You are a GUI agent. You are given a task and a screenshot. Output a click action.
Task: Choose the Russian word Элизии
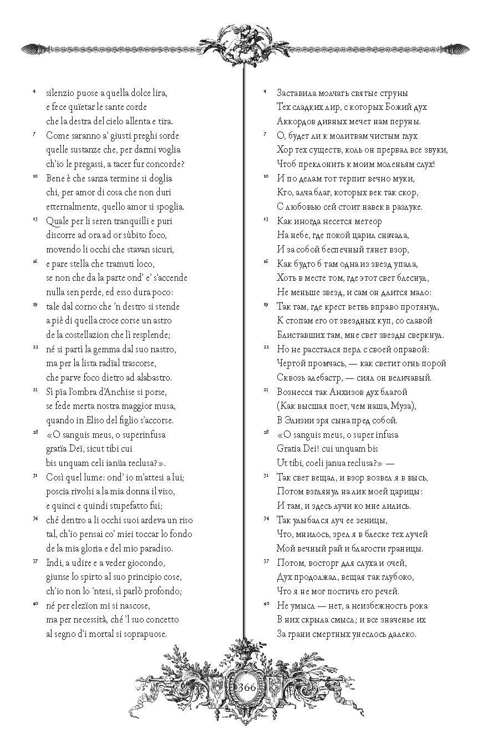(304, 420)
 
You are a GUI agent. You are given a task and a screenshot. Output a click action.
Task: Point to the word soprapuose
(145, 634)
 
